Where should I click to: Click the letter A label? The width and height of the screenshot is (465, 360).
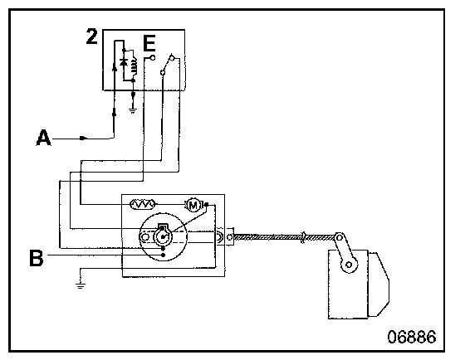tap(43, 138)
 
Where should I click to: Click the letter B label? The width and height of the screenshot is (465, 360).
tap(37, 258)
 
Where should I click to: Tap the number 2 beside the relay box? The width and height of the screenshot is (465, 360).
tap(91, 36)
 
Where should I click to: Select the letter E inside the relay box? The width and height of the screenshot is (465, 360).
tap(149, 43)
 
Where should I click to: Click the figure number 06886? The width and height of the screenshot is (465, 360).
tap(412, 337)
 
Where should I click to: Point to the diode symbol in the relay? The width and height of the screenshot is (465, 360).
tap(124, 62)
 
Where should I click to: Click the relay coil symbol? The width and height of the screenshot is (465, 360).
tap(134, 66)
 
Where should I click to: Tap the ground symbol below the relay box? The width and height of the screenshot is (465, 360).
tap(133, 111)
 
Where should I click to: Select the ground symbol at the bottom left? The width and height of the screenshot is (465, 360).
tap(81, 285)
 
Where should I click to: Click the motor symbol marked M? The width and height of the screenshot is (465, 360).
tap(193, 205)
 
